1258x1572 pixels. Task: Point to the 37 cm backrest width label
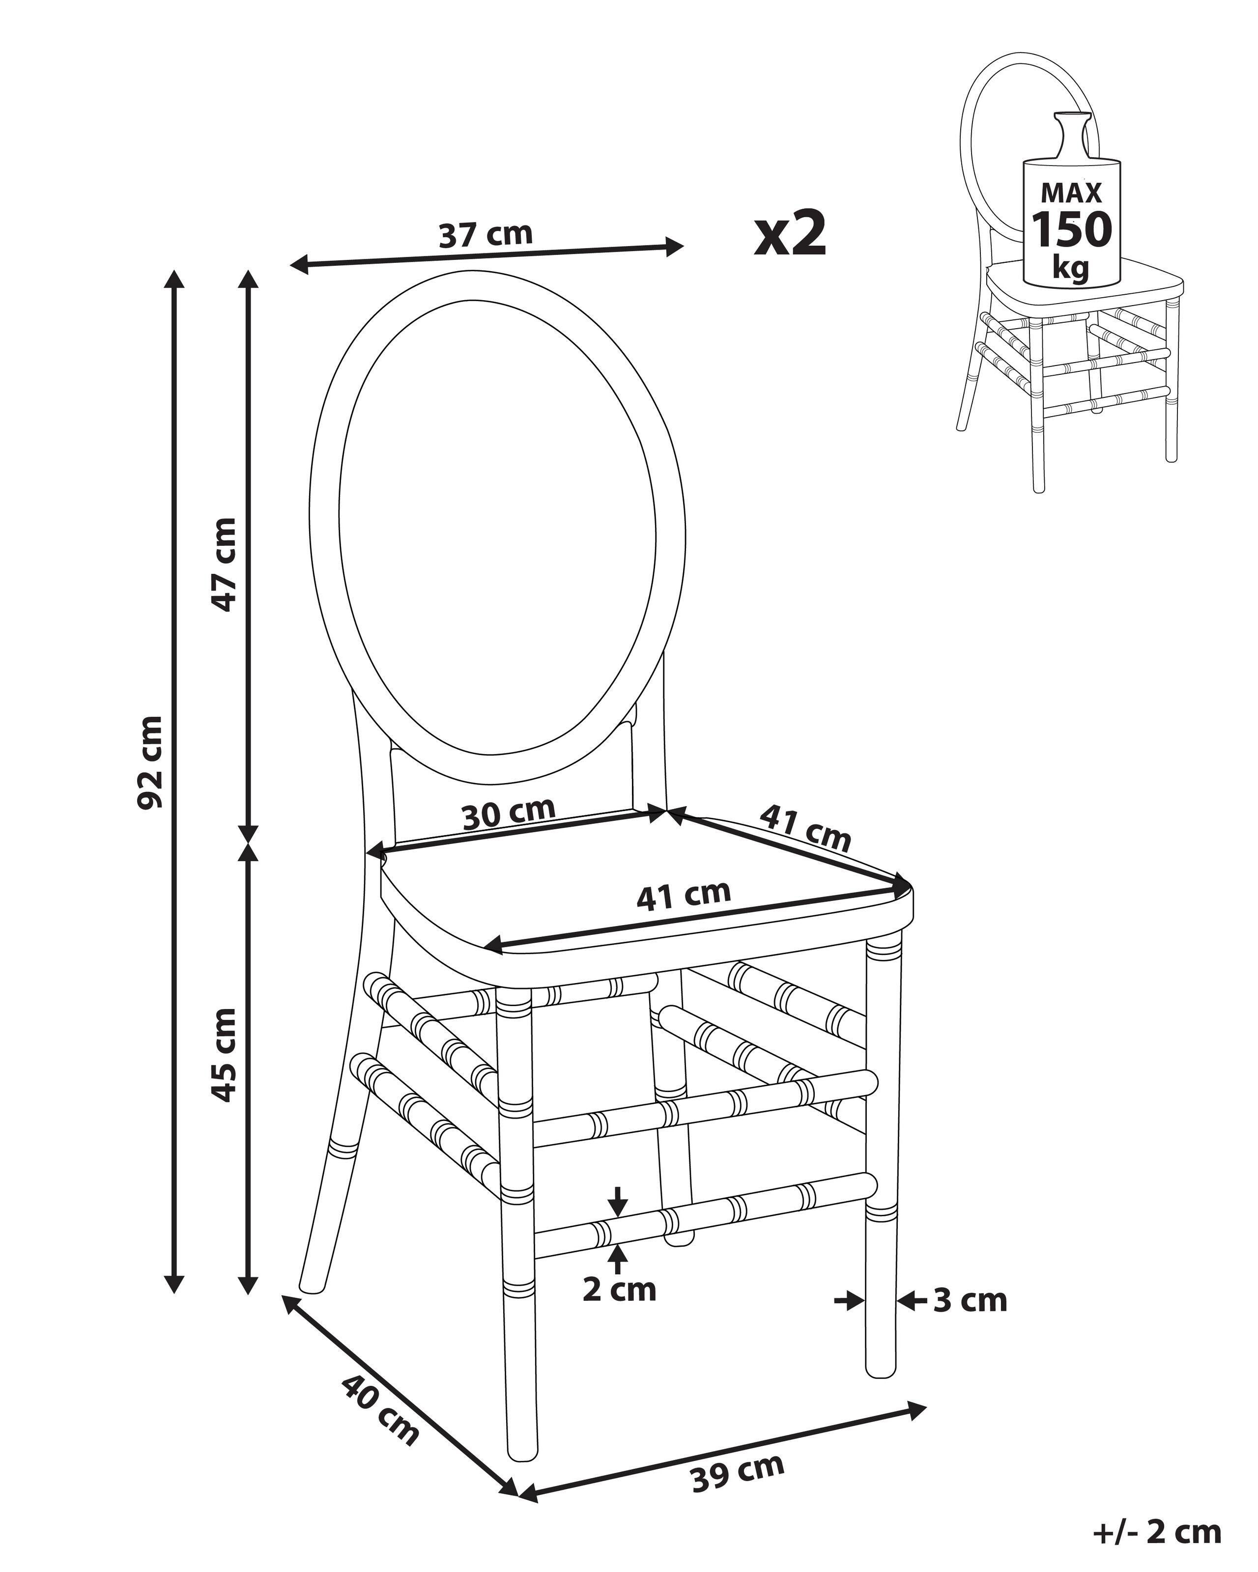point(486,235)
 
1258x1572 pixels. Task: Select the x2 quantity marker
point(791,232)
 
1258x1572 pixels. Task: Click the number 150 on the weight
point(1071,230)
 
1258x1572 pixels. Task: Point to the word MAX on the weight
point(1071,193)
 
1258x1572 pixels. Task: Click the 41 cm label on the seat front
point(684,896)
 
